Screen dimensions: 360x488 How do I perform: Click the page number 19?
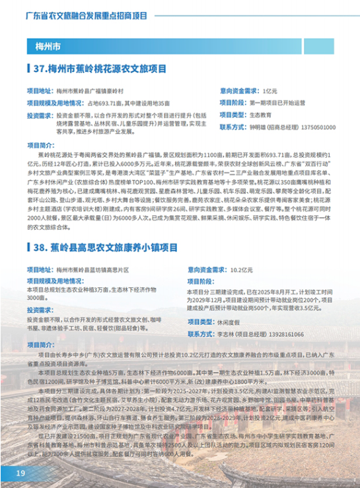tap(20, 473)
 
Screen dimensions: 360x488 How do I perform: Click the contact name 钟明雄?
tap(254, 127)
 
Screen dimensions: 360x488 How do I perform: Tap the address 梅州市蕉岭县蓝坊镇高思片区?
tap(100, 252)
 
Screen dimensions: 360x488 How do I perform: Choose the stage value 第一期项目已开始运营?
tap(277, 102)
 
